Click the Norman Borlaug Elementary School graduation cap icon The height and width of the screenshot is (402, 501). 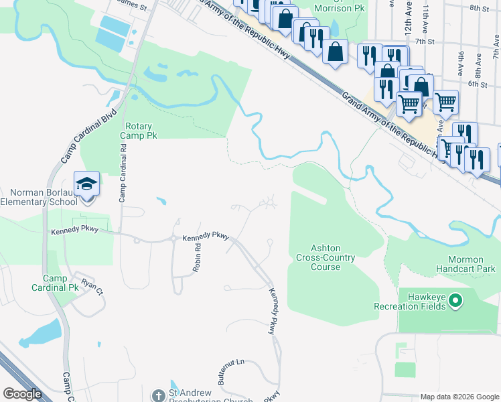pos(87,184)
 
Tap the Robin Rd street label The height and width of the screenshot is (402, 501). pos(198,256)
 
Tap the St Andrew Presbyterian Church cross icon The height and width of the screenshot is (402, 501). pos(158,396)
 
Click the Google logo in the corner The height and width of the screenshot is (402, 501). pos(23,394)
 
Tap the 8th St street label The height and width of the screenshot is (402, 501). pos(480,7)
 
